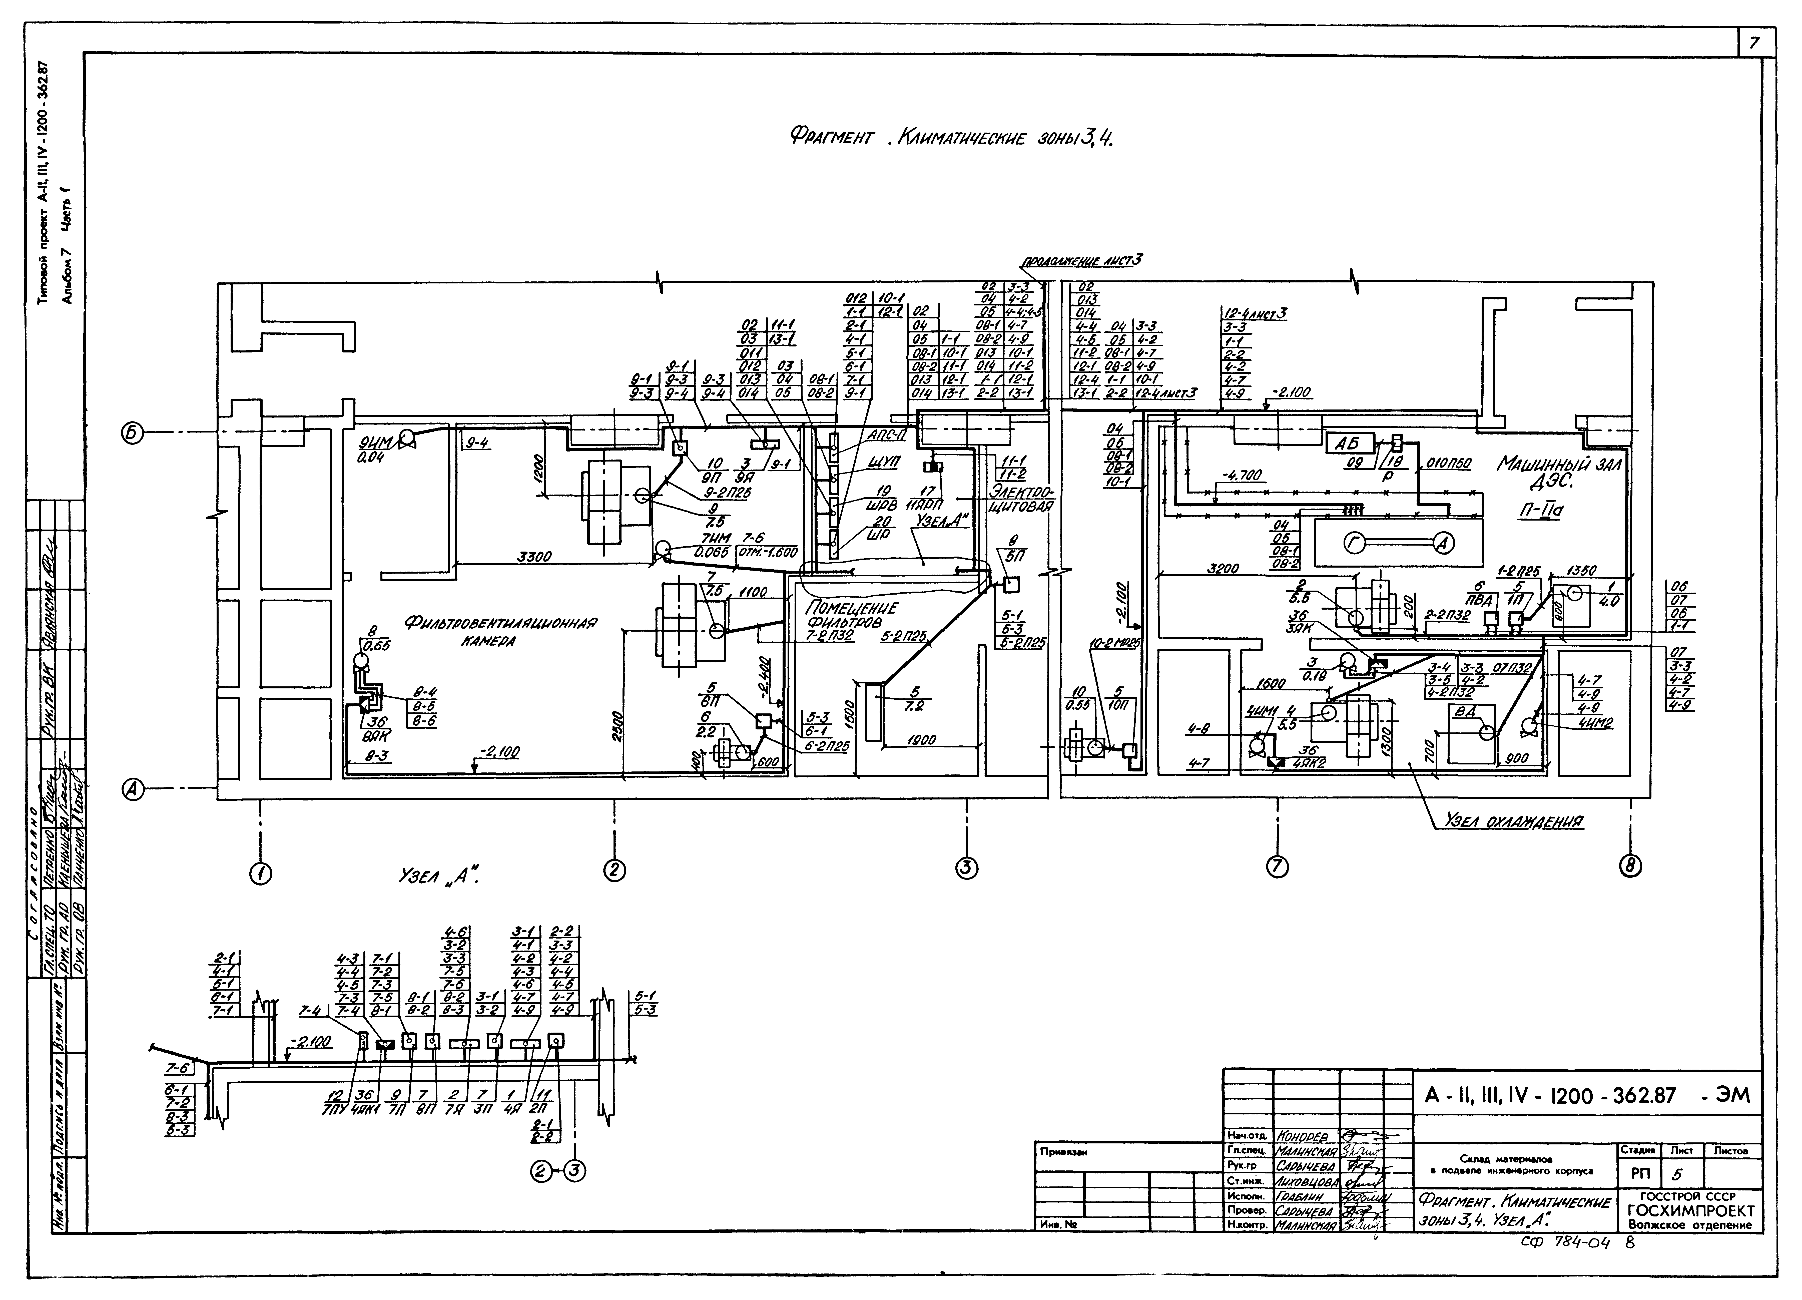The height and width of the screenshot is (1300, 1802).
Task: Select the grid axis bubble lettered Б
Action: click(133, 433)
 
